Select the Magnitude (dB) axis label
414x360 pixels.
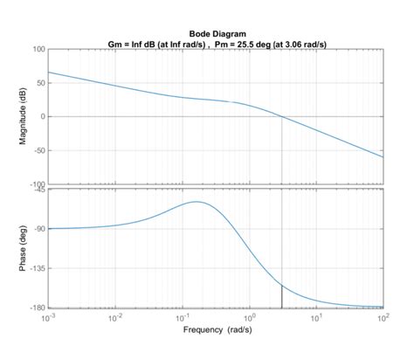[24, 116]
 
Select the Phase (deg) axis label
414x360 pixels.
[24, 248]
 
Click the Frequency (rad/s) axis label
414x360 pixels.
[216, 330]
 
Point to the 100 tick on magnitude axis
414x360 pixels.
[38, 49]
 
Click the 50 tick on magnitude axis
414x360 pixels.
[40, 83]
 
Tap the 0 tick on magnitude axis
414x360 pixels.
[43, 117]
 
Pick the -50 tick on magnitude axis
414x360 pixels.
[39, 150]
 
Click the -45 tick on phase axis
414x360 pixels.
[39, 190]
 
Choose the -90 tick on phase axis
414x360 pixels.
[39, 229]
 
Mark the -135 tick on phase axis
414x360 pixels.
[38, 268]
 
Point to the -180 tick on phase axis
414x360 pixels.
[38, 308]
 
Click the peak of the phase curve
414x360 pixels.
[196, 202]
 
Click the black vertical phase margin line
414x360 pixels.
[282, 296]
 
